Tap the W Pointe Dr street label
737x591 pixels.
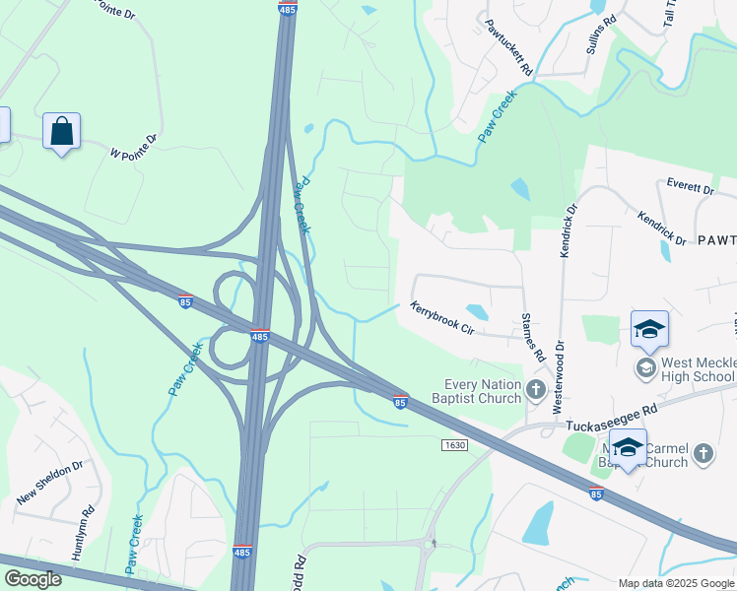click(134, 148)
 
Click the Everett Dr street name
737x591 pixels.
click(689, 187)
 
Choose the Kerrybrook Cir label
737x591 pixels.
click(442, 319)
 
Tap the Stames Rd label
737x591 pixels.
click(533, 338)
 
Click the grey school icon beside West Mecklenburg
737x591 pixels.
click(646, 368)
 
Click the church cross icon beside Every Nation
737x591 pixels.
click(536, 390)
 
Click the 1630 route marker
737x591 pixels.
click(453, 445)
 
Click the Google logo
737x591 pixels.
click(33, 579)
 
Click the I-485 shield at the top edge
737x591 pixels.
click(287, 9)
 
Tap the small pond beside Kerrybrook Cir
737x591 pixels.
click(476, 311)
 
